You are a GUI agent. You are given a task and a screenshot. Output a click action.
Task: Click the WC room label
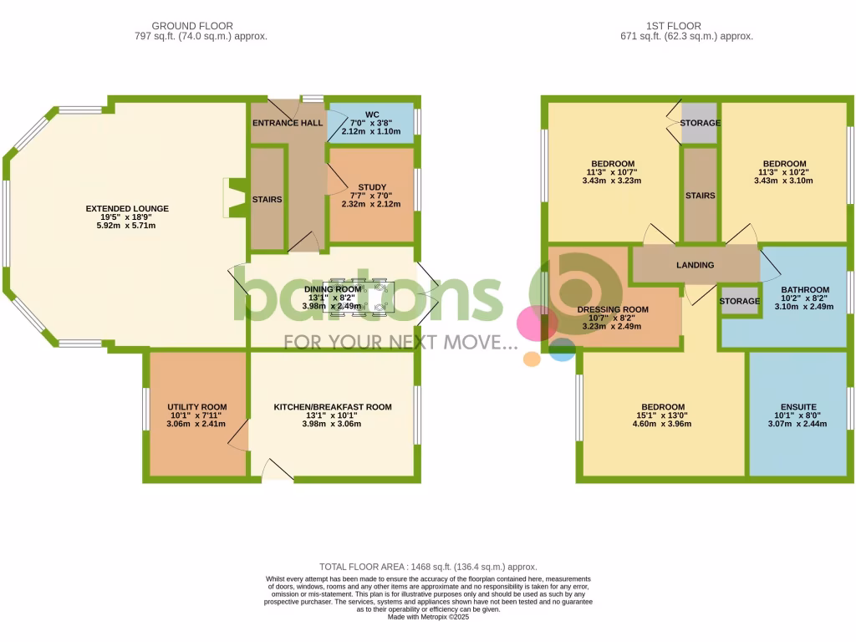[x=372, y=114]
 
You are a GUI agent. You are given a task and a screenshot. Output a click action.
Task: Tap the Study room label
[x=372, y=187]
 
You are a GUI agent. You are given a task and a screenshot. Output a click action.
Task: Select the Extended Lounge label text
[x=127, y=209]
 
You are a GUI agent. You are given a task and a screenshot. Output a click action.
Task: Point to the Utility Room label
[x=197, y=407]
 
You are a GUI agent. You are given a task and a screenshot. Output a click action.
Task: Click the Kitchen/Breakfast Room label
[x=333, y=407]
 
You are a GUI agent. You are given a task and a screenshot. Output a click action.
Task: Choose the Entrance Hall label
[x=288, y=123]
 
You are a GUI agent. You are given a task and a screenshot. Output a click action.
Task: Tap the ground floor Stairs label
[x=267, y=200]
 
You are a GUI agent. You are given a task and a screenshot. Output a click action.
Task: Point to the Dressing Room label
[x=613, y=309]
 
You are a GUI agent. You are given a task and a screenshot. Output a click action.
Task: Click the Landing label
[x=695, y=265]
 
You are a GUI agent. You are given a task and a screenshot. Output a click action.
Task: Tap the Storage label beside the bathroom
[x=740, y=301]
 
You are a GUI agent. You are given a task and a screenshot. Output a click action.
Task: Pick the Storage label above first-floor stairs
[x=701, y=124]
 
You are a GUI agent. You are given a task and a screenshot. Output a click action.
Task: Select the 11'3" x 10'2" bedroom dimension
[x=784, y=172]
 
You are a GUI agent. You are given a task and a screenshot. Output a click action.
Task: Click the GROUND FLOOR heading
[x=192, y=26]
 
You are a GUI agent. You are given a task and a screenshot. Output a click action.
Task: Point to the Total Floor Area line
[x=428, y=567]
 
